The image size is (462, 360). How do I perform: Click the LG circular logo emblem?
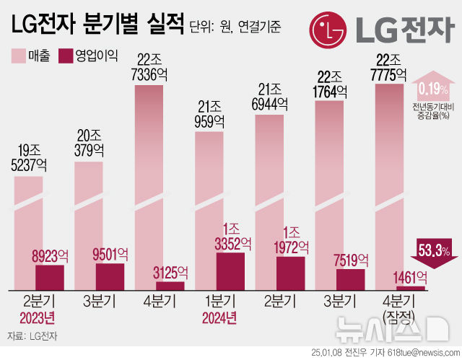click(x=330, y=30)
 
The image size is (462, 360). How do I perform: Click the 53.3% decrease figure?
click(x=434, y=251)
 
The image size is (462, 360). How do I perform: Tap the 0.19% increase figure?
click(x=433, y=89)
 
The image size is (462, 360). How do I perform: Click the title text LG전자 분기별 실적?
click(x=96, y=27)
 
